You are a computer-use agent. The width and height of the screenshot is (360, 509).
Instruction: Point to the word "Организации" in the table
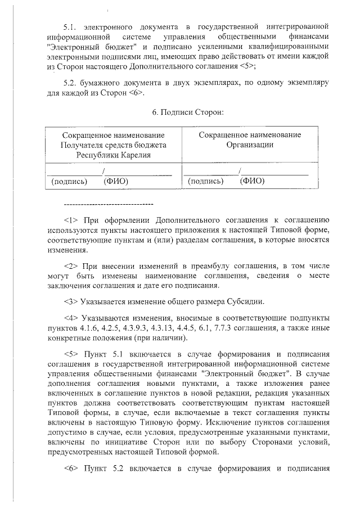[x=250, y=145]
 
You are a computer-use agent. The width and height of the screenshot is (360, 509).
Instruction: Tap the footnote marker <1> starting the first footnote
[x=71, y=219]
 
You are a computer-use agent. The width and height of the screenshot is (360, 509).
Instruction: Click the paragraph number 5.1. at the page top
[x=72, y=26]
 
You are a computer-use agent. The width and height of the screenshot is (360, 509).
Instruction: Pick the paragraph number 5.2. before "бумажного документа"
[x=72, y=82]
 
